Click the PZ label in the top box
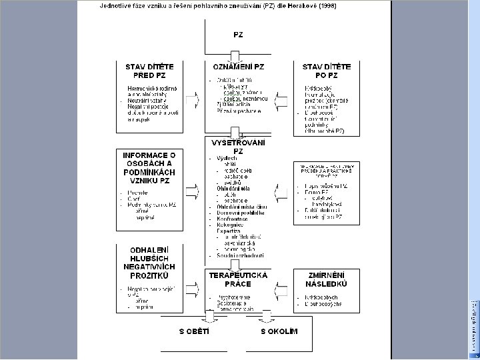[238, 33]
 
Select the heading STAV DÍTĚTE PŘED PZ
[150, 71]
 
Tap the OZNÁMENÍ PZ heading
[238, 67]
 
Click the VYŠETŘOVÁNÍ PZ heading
[238, 147]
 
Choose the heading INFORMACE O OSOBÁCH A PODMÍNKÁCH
[150, 167]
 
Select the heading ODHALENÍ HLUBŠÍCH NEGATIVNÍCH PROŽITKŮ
[150, 262]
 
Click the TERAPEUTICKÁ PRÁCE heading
[238, 279]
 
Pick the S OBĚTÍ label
[193, 331]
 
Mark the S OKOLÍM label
[279, 331]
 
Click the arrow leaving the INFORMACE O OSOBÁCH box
[193, 191]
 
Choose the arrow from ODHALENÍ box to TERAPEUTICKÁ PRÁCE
[193, 288]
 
